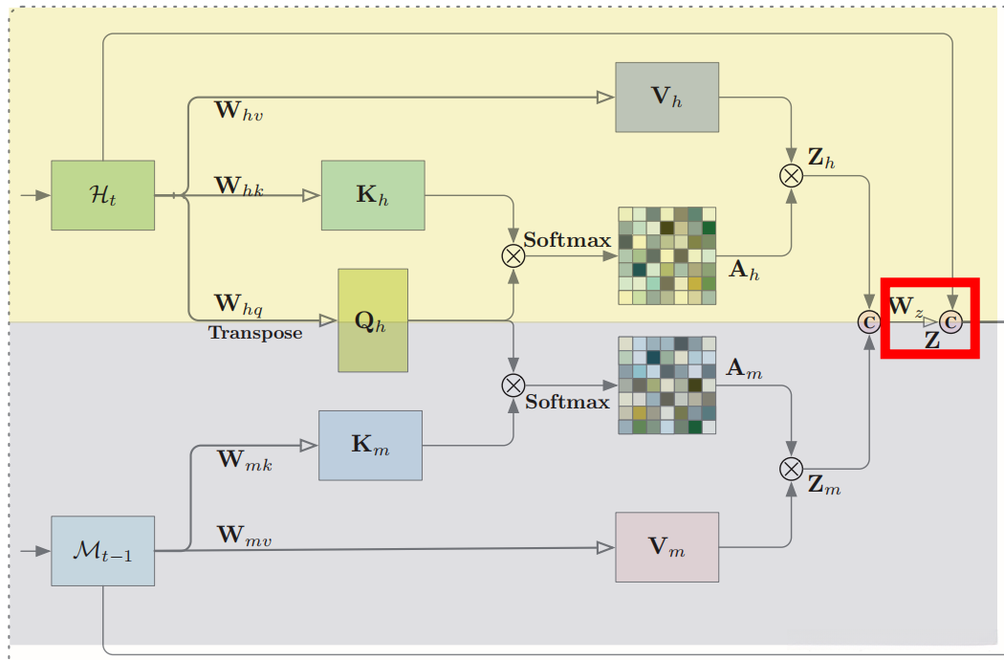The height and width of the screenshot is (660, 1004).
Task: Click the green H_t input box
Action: pyautogui.click(x=102, y=195)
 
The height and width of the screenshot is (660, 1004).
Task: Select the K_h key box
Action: pyautogui.click(x=373, y=195)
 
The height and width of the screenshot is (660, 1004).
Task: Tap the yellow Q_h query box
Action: pyautogui.click(x=373, y=319)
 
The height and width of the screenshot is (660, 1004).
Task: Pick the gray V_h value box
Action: pyautogui.click(x=667, y=97)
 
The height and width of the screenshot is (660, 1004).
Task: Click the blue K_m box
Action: pyautogui.click(x=370, y=445)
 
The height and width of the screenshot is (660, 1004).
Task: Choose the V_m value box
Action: pyautogui.click(x=666, y=546)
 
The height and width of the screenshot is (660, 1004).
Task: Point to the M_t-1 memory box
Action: pyautogui.click(x=102, y=551)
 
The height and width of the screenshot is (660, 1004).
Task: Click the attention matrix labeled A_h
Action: pyautogui.click(x=667, y=255)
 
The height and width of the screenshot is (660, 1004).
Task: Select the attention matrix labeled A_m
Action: pyautogui.click(x=666, y=385)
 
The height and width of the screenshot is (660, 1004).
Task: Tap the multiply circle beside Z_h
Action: pyautogui.click(x=791, y=174)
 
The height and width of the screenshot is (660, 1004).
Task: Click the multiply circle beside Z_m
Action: pyautogui.click(x=791, y=468)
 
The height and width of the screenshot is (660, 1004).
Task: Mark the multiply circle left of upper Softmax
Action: pyautogui.click(x=513, y=254)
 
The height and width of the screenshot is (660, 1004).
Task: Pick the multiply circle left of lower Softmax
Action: pyautogui.click(x=513, y=385)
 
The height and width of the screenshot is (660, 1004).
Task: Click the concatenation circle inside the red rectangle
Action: pyautogui.click(x=951, y=321)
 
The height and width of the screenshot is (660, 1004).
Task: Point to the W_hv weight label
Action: pyautogui.click(x=239, y=111)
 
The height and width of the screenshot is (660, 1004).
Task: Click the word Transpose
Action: pyautogui.click(x=255, y=333)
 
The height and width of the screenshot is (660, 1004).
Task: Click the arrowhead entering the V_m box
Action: pyautogui.click(x=605, y=547)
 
